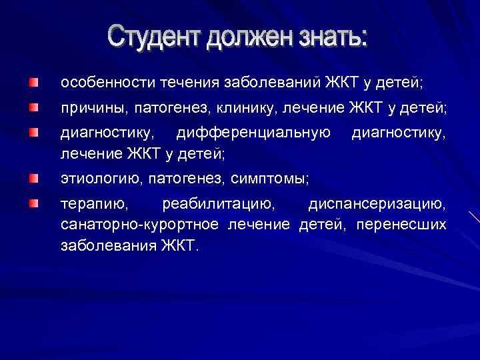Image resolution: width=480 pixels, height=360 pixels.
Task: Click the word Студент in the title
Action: [x=155, y=37]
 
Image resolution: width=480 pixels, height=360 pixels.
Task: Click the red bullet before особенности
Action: [x=34, y=83]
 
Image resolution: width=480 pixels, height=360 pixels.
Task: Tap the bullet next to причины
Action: [x=34, y=107]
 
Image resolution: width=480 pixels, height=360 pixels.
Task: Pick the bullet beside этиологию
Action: [x=34, y=179]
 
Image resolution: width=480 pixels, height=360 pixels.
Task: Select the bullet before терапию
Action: [x=34, y=203]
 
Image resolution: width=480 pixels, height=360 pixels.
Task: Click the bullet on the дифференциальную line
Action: [x=34, y=132]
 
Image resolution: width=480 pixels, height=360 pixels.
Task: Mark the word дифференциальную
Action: [x=254, y=132]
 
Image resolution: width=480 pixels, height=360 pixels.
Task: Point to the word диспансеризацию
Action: [x=377, y=203]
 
